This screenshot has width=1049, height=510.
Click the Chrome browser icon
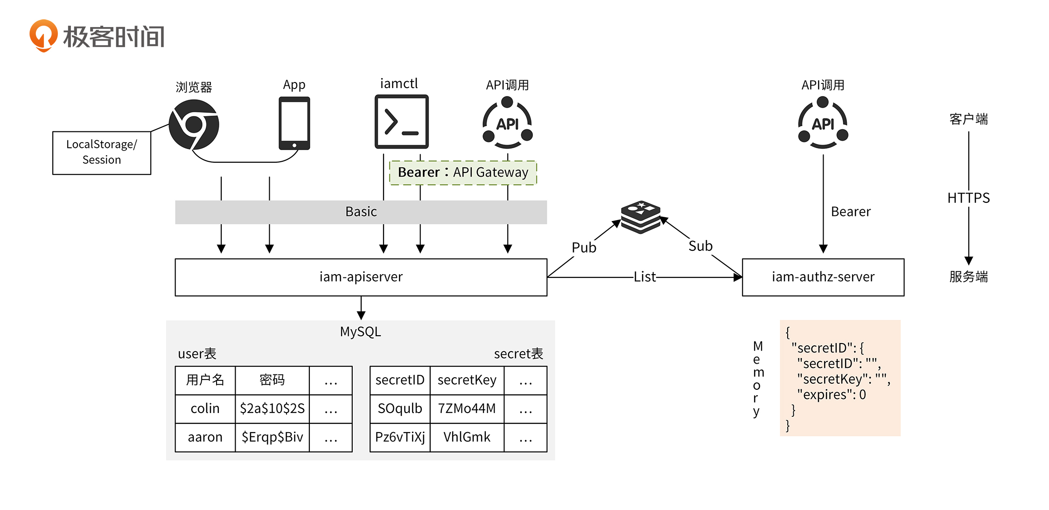click(194, 124)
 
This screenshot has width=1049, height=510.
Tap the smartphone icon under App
click(294, 123)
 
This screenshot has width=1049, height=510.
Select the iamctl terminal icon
click(401, 122)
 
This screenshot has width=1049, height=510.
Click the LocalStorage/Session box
click(102, 152)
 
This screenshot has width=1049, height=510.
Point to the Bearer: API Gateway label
click(463, 172)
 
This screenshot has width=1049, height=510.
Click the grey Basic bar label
click(361, 212)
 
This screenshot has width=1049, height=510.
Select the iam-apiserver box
click(361, 277)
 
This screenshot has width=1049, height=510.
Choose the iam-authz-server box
click(823, 277)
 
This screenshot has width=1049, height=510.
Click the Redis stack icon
click(641, 216)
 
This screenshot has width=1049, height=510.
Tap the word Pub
click(584, 248)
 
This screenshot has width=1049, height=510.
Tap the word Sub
click(700, 246)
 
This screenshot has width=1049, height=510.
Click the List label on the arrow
click(644, 277)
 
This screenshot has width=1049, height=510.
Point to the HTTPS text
click(968, 198)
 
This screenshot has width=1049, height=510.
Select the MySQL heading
click(360, 332)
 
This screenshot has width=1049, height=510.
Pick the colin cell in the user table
click(205, 409)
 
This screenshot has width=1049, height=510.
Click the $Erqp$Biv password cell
click(272, 437)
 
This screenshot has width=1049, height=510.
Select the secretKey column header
click(467, 380)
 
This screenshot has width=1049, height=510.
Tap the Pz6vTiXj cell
click(400, 437)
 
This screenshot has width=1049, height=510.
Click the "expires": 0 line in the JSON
click(831, 395)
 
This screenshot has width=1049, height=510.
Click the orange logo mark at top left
click(43, 35)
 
